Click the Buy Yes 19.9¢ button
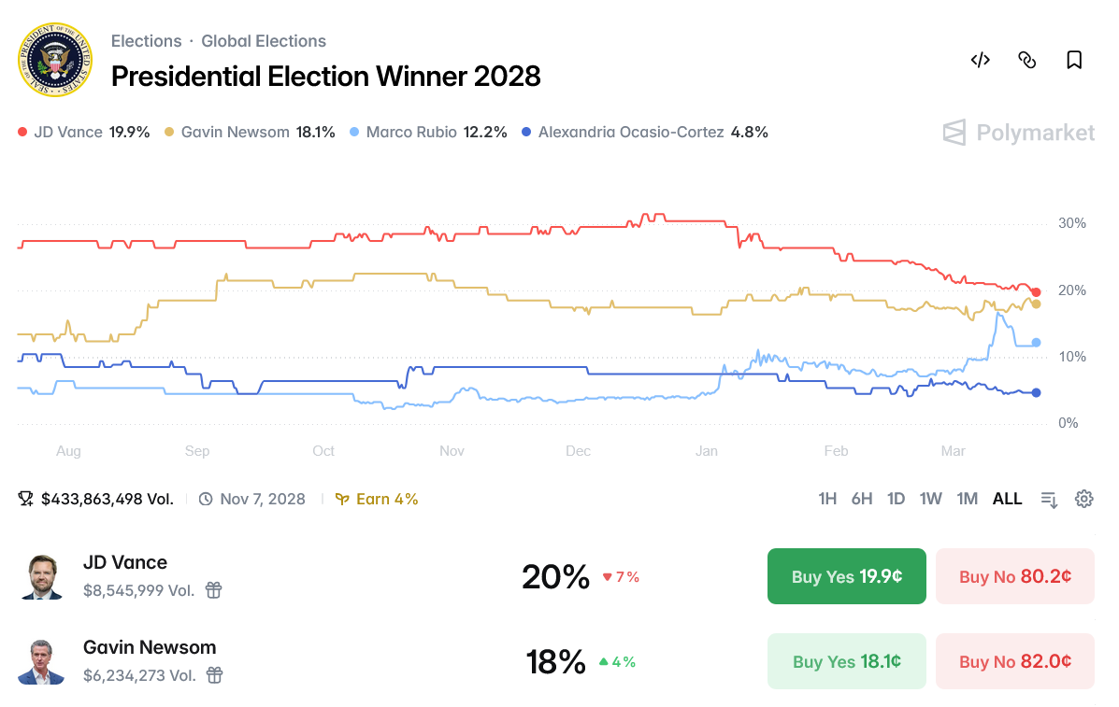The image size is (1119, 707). click(846, 576)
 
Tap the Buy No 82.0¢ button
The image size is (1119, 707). click(1014, 661)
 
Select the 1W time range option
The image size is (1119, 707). click(930, 499)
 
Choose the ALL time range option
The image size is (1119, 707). click(1007, 499)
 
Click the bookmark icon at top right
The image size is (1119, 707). click(1074, 61)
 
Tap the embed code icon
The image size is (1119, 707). click(980, 61)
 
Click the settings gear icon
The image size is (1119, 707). click(1083, 499)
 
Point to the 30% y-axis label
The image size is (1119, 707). click(1071, 223)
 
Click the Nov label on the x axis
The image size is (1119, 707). click(452, 451)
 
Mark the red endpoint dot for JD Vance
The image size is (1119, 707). click(1036, 292)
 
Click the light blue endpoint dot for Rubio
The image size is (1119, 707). click(1036, 343)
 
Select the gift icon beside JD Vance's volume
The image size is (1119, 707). click(214, 590)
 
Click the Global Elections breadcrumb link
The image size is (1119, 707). click(264, 41)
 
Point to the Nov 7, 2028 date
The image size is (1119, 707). click(262, 499)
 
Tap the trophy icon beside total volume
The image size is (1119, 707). click(26, 499)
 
